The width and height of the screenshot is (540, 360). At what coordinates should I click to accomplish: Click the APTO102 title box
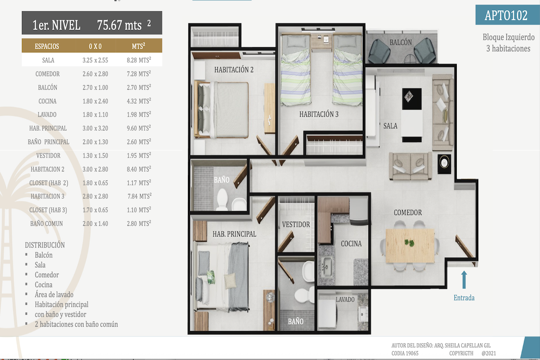tap(507, 15)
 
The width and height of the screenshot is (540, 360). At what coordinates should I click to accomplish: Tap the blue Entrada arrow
tap(464, 280)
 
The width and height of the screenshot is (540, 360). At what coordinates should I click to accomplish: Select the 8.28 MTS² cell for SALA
tap(139, 60)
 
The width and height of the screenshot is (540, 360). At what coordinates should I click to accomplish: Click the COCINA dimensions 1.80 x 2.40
tap(95, 101)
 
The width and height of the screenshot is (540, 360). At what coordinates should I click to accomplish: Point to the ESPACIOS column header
tap(47, 46)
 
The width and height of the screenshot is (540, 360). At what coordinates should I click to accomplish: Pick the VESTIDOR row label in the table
tap(48, 156)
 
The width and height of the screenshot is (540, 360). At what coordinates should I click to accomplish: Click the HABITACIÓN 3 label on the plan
tap(319, 115)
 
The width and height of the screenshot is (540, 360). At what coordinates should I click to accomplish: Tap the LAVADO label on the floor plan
tap(345, 299)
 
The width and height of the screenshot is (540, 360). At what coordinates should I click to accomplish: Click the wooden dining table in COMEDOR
tap(410, 245)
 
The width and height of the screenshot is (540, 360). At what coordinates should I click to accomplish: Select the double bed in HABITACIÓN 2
tap(222, 109)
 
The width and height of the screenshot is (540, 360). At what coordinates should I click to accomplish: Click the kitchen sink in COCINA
tap(326, 266)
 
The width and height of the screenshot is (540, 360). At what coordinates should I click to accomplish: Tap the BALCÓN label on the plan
tap(401, 43)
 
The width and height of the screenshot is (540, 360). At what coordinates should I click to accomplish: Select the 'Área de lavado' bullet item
tap(54, 295)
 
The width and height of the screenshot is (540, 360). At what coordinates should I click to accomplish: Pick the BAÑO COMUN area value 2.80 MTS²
tap(139, 223)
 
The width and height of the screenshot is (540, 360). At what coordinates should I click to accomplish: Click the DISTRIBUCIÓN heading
tap(45, 245)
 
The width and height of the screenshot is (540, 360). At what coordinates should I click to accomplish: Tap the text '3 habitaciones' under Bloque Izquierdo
tap(508, 49)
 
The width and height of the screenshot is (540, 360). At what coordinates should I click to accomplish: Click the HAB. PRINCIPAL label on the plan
tap(234, 234)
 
